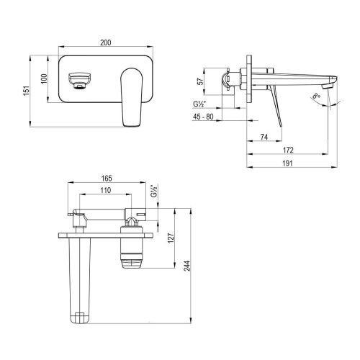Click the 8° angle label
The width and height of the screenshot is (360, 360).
click(337, 95)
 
